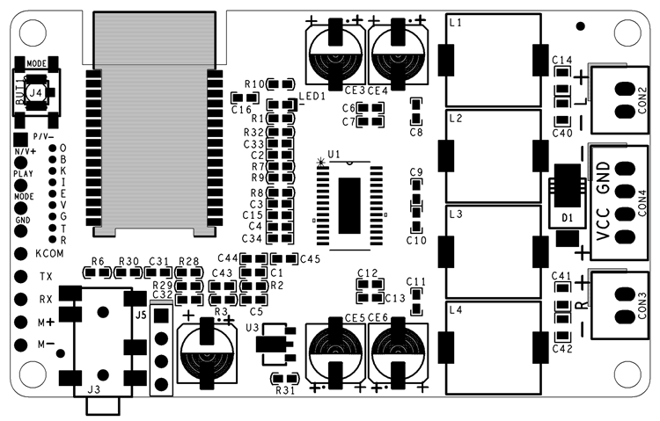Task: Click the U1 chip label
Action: [x=333, y=155]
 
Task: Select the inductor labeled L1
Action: [x=492, y=60]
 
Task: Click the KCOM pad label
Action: [x=51, y=253]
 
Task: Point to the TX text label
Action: [x=45, y=276]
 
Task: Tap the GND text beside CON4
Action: [x=604, y=178]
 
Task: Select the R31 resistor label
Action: [x=284, y=390]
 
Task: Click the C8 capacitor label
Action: [x=416, y=132]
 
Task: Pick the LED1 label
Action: [x=312, y=96]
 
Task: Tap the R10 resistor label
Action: [x=254, y=84]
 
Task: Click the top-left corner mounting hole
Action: [x=33, y=30]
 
